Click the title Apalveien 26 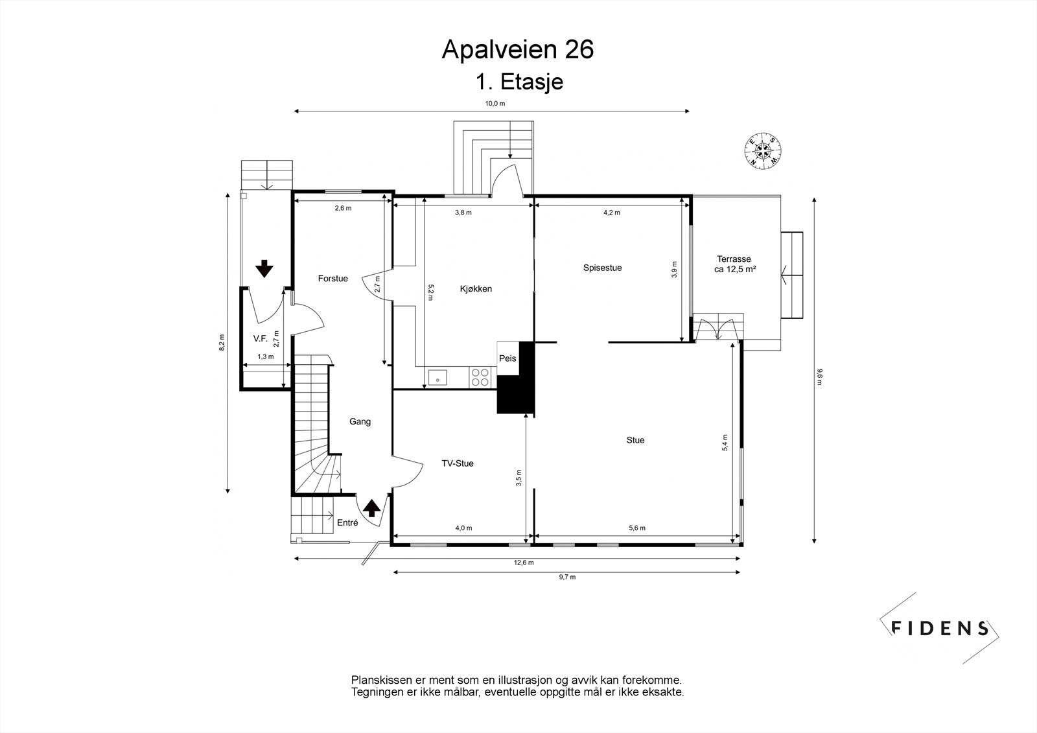coord(517,49)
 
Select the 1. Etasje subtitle coord(518,82)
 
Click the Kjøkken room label coord(476,289)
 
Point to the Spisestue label coord(602,268)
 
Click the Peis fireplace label coord(507,358)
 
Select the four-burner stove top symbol coord(480,377)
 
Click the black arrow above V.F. coord(264,268)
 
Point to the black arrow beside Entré coord(371,507)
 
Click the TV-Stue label coord(458,463)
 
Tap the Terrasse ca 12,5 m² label coord(735,264)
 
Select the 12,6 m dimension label coord(524,563)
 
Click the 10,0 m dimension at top coord(495,104)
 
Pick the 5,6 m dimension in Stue coord(637,528)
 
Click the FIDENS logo coord(940,627)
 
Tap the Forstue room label coord(332,279)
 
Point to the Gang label coord(360,422)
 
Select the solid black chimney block coord(517,389)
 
